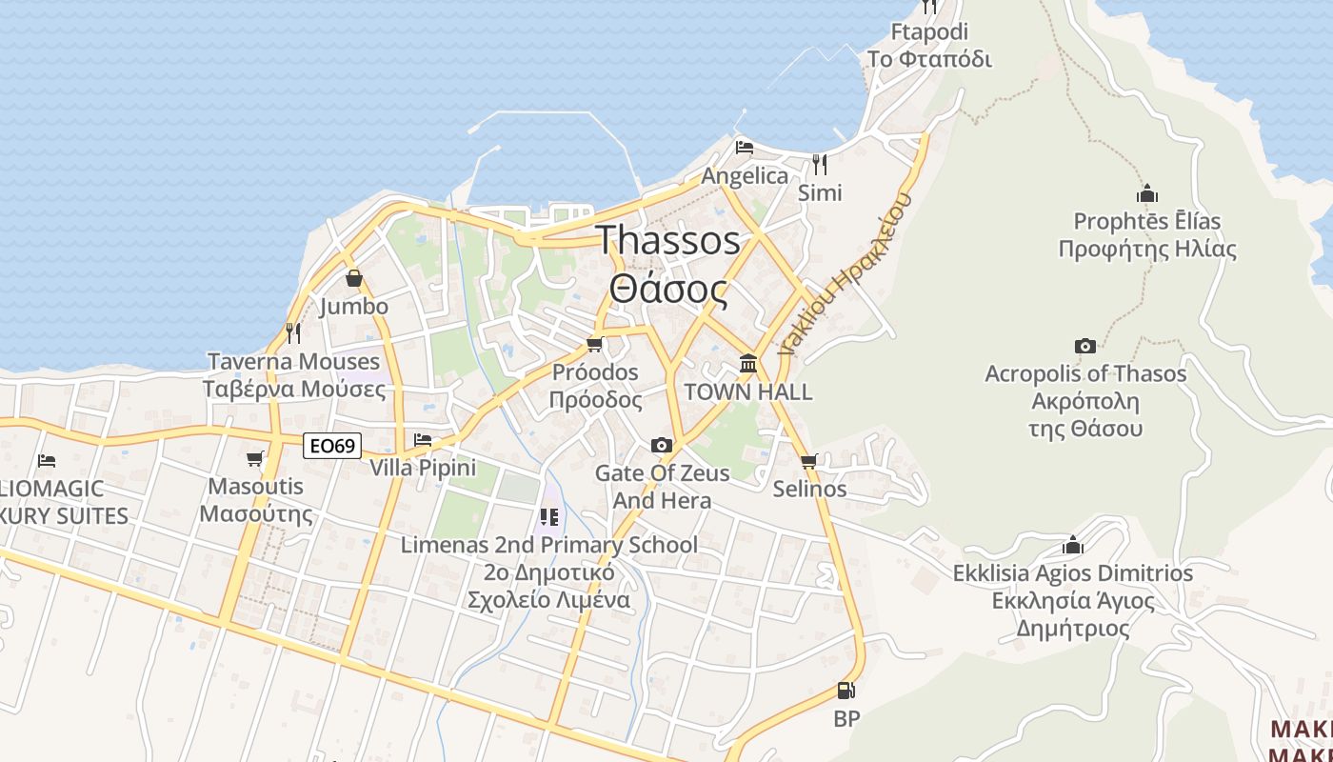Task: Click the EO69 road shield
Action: [x=333, y=445]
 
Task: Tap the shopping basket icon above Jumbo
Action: [x=354, y=278]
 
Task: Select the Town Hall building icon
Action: [x=748, y=364]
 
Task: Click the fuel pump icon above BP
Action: [x=846, y=691]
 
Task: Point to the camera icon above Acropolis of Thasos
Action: [x=1085, y=346]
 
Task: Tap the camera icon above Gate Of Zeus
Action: [x=662, y=445]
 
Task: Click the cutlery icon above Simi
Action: [x=820, y=164]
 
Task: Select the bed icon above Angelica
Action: [x=745, y=148]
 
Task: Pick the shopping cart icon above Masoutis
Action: [x=255, y=459]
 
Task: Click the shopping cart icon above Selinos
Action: [x=809, y=462]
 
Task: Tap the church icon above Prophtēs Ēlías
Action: [x=1147, y=193]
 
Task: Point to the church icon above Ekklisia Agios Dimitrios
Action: [x=1073, y=545]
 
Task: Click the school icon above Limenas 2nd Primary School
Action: [x=548, y=517]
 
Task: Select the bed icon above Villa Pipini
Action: [x=423, y=439]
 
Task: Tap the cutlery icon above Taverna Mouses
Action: [x=293, y=332]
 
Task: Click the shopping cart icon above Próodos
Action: [x=595, y=344]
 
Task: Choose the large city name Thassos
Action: [x=668, y=239]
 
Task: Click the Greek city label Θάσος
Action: [x=668, y=289]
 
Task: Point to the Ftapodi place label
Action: [x=929, y=31]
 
